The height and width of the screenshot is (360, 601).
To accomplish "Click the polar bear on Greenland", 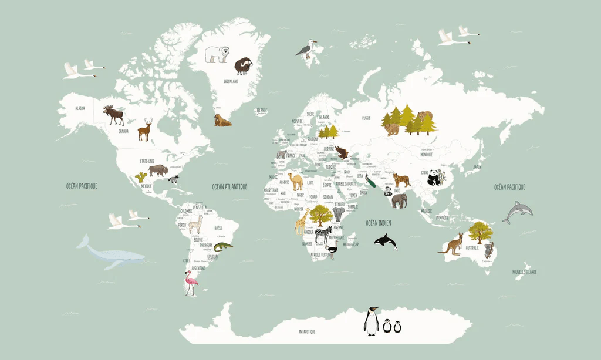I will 217,54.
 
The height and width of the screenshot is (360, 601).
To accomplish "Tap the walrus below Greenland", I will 222,121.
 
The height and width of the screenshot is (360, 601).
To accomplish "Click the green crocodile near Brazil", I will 223,244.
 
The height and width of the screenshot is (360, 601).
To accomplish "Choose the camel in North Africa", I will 296,181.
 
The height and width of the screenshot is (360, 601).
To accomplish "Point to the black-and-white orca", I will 385,241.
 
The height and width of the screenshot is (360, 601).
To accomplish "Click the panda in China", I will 436,179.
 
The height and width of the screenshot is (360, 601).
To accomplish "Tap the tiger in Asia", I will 400,180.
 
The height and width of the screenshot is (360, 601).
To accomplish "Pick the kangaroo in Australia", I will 451,243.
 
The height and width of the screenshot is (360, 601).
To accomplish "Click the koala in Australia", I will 488,253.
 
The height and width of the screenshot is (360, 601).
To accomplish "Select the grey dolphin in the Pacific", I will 518,212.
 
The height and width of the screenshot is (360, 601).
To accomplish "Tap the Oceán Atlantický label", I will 229,186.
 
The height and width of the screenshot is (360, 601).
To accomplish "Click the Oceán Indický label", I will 378,222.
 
